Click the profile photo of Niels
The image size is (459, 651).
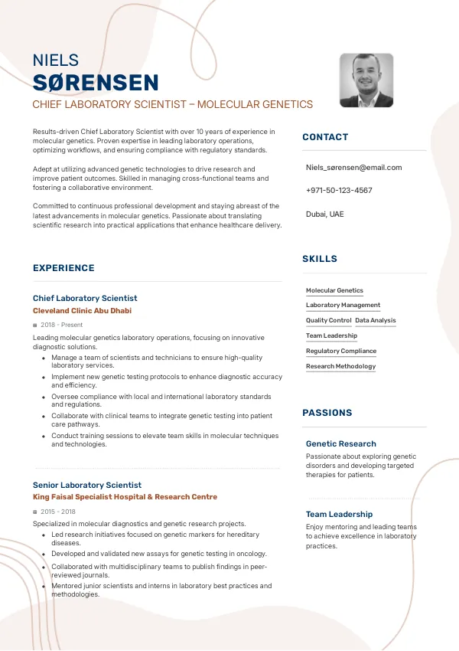366,80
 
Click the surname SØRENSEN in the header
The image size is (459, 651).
96,83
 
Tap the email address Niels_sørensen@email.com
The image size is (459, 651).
353,167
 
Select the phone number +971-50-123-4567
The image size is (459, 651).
339,190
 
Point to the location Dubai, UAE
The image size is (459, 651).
325,214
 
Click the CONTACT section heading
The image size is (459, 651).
325,137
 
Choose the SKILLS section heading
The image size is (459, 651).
320,259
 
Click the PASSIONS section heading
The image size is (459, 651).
327,413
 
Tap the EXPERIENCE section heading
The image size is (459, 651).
63,268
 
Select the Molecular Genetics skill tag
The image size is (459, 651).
334,290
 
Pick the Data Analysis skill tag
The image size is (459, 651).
376,320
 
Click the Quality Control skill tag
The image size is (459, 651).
328,320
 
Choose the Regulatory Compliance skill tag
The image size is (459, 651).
341,351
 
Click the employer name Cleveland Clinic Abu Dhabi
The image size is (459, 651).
82,311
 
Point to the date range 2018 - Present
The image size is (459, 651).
62,325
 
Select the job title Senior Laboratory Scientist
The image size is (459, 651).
87,485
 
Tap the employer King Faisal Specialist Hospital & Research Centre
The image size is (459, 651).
125,497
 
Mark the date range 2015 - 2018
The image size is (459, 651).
58,511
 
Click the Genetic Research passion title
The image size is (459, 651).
341,443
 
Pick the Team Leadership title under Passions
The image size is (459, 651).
339,514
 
